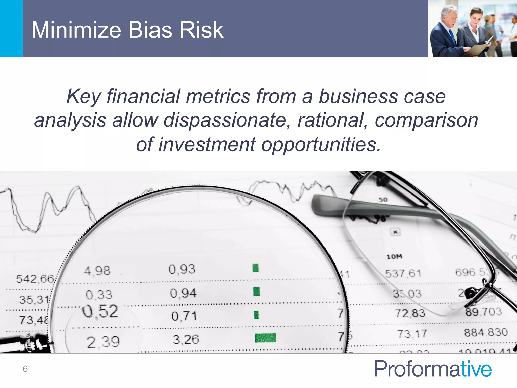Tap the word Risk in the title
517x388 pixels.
(x=201, y=30)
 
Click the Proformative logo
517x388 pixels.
(x=433, y=369)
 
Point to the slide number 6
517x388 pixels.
(x=25, y=369)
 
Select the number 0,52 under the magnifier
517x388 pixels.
(x=100, y=311)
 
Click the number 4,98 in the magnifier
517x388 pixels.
(x=97, y=271)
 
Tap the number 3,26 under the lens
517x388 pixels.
(x=186, y=339)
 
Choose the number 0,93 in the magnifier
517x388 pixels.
(x=182, y=269)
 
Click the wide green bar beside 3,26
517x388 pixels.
(x=265, y=338)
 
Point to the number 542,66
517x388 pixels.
(x=35, y=279)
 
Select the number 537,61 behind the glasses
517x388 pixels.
(x=403, y=274)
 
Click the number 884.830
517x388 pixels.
(x=486, y=332)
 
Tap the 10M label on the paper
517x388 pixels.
(x=394, y=257)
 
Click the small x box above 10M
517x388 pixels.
(x=395, y=232)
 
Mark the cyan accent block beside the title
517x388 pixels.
(x=11, y=28)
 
